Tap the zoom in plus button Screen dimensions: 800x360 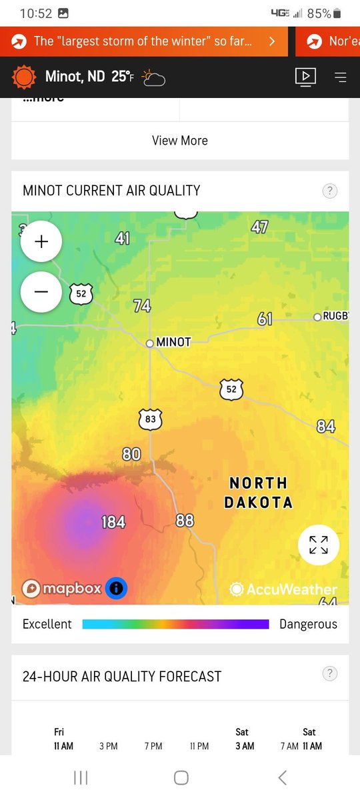[41, 241]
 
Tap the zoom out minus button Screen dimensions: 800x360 [41, 292]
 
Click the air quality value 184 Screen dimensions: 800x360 [113, 522]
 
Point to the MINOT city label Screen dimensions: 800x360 [173, 342]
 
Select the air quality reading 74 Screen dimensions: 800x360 [142, 306]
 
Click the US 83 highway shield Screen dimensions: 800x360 [151, 419]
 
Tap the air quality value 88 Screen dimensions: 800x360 [185, 520]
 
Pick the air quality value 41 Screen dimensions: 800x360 [123, 238]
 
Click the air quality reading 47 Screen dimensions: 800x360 [259, 227]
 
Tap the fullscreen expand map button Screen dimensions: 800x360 [319, 545]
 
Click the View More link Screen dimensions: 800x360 [180, 141]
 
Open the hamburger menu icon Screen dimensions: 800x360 [341, 77]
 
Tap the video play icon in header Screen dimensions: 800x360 [305, 77]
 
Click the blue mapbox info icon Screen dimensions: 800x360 [116, 588]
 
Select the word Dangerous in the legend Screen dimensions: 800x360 [308, 625]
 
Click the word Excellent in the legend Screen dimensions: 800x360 [47, 625]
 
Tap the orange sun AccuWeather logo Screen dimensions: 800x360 [25, 77]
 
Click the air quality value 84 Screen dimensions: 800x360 [326, 425]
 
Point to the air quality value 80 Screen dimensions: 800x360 [131, 455]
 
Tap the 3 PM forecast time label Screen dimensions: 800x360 [109, 746]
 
